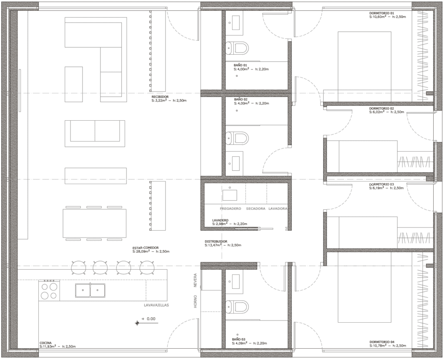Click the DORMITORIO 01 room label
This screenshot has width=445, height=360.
[x=382, y=13]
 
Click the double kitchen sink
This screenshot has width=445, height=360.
[x=90, y=290]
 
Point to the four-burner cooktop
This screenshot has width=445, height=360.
[x=50, y=290]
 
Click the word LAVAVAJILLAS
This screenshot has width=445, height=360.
[x=156, y=305]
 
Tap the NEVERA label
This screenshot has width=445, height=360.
[x=195, y=281]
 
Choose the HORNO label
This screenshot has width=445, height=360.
[x=195, y=301]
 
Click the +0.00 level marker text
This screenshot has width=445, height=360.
[x=149, y=319]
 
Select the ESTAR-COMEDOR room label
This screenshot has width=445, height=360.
[x=146, y=248]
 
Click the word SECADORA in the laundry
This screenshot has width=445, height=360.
[x=256, y=208]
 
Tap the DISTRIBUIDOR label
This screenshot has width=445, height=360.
[x=216, y=241]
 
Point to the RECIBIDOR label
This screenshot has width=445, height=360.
[x=160, y=97]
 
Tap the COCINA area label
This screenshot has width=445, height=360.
[x=46, y=343]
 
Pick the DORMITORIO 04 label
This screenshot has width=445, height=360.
[x=382, y=342]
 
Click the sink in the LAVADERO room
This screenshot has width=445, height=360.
[x=230, y=195]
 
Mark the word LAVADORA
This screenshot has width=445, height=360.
[x=278, y=208]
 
